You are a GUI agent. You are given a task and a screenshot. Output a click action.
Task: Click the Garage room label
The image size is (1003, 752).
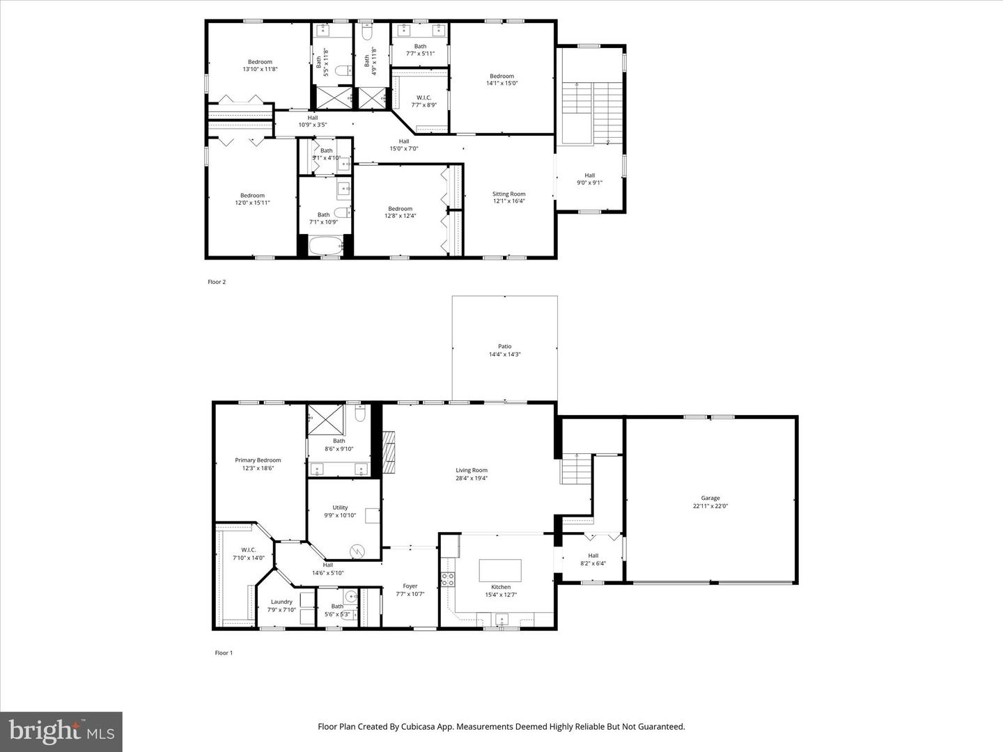coord(710,499)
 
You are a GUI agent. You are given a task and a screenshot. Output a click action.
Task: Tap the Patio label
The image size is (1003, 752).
coord(504,347)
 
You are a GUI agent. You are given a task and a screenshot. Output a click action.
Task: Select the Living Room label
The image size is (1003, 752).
coord(472,471)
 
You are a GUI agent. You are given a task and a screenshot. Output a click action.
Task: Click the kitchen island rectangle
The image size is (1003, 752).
coord(500,570)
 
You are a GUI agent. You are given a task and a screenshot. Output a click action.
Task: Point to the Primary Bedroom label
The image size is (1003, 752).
coord(258,460)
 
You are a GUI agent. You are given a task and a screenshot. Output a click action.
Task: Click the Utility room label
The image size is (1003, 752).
coord(340,508)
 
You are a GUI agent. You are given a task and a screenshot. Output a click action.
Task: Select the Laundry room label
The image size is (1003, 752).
coord(281,602)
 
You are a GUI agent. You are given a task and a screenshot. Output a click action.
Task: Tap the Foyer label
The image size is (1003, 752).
coord(410,586)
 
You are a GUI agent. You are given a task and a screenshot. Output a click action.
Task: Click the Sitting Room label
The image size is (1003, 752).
coord(508,194)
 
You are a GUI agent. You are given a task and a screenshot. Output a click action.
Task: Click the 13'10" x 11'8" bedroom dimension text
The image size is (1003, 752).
coord(261,70)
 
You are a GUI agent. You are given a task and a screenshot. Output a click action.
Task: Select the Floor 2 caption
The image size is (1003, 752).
coord(217,282)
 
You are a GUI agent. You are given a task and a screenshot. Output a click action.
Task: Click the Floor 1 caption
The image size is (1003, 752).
coord(223,653)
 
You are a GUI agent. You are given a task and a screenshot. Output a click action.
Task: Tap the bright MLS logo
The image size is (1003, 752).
coord(61,731)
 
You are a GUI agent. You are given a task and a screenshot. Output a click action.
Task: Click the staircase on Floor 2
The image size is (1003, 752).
coord(591,112)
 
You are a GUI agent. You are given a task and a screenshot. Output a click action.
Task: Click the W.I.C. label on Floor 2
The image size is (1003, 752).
coord(423,97)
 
